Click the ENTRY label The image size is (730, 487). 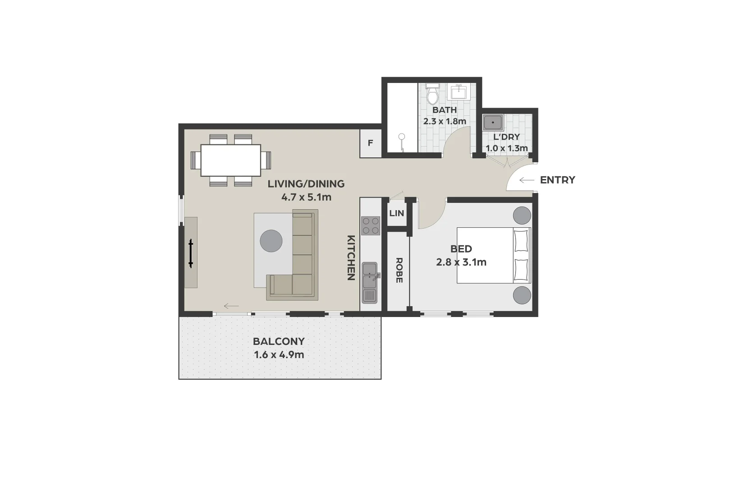tap(557, 180)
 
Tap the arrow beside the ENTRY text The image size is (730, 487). tap(526, 180)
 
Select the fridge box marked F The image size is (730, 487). tap(370, 143)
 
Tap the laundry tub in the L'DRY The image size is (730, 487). tap(493, 123)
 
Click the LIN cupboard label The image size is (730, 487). tap(396, 213)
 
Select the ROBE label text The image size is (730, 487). tap(399, 270)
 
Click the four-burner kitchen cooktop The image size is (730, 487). tap(370, 225)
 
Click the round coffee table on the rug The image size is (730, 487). tap(271, 241)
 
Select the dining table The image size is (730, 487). tap(230, 160)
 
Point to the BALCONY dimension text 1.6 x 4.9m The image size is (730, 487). tap(279, 355)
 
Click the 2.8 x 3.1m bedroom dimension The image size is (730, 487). tap(461, 262)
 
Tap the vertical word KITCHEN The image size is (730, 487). tap(351, 257)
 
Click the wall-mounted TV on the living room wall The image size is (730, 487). tap(191, 253)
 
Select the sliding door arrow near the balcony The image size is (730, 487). tap(231, 307)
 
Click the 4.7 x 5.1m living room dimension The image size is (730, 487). tap(306, 197)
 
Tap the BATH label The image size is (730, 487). tap(444, 110)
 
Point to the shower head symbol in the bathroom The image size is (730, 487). tap(401, 136)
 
